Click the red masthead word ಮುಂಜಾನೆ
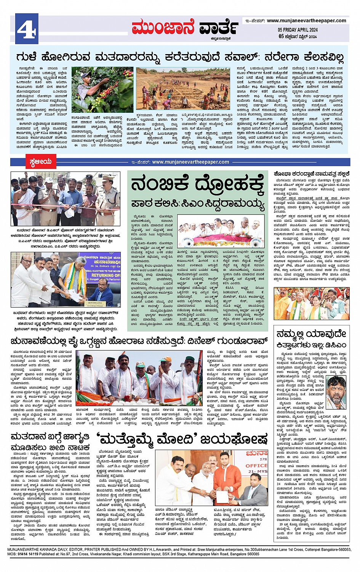(x=163, y=27)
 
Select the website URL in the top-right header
(x=306, y=21)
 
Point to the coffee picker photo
(x=102, y=90)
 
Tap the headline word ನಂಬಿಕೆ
(x=160, y=184)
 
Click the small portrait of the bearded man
(x=336, y=393)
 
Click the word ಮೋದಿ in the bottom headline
(x=176, y=439)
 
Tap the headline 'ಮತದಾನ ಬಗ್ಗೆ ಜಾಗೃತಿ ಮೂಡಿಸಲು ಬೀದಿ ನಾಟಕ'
(x=50, y=442)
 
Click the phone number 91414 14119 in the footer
(x=27, y=554)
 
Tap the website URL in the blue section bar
(x=190, y=162)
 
